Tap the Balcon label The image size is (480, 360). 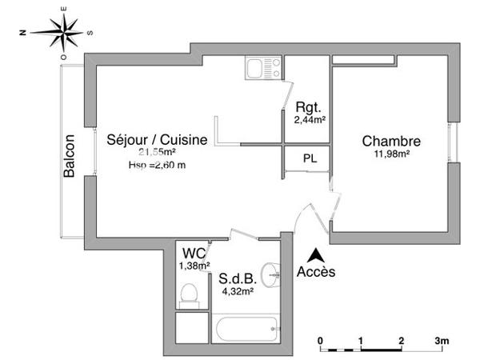click(70, 155)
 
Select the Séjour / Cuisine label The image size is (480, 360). click(157, 139)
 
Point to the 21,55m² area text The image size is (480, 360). click(157, 152)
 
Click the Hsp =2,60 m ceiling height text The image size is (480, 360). click(157, 165)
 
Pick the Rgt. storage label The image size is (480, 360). click(307, 108)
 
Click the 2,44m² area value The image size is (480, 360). click(307, 120)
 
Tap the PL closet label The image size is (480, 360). click(309, 158)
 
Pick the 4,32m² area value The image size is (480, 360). click(237, 291)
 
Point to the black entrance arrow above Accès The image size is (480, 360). click(317, 255)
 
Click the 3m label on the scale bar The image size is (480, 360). click(442, 341)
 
